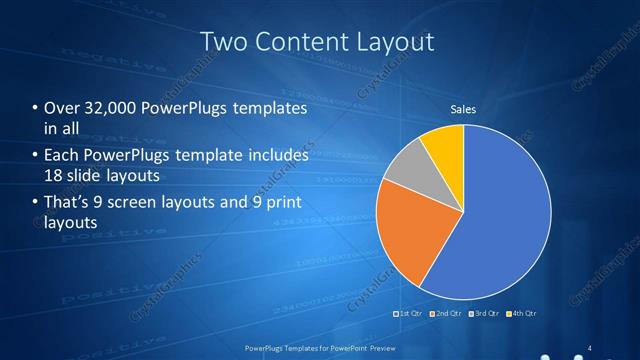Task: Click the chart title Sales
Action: (463, 109)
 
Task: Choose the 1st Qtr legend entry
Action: (410, 314)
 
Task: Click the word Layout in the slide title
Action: (395, 41)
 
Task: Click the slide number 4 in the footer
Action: (590, 348)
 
